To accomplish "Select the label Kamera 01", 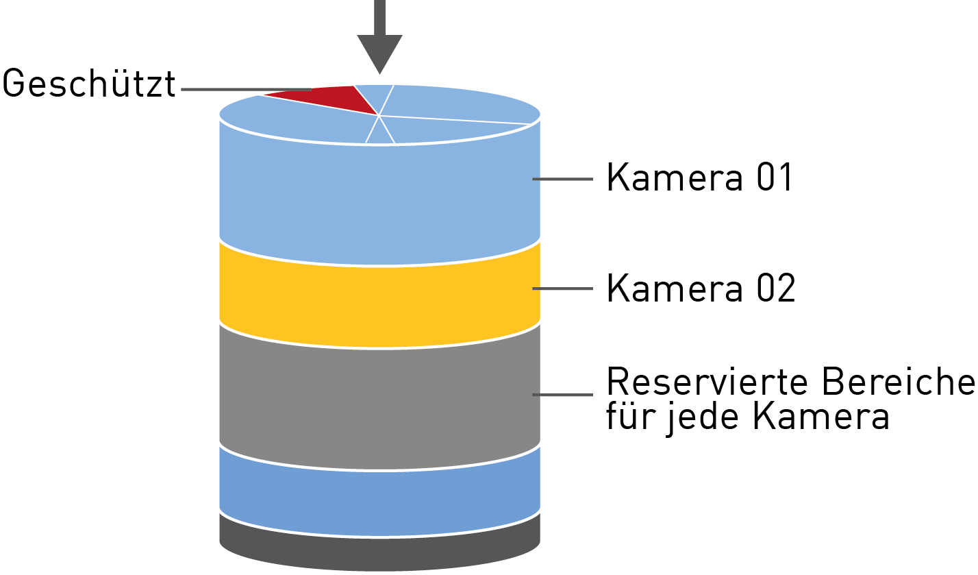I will tap(699, 178).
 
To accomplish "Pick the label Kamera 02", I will tap(701, 289).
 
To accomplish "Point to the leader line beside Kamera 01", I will tap(562, 180).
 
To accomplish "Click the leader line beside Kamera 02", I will tap(562, 289).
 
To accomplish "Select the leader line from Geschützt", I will tap(247, 89).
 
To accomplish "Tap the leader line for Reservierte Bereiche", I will tap(562, 394).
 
